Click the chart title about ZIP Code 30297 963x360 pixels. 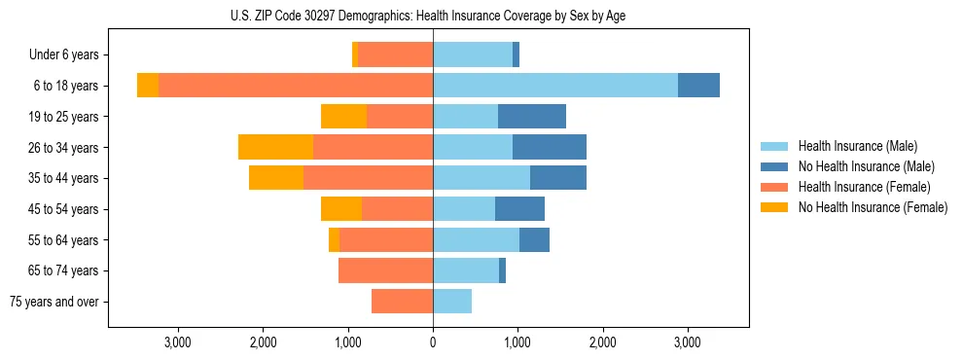433,17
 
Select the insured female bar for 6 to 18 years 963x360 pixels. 296,86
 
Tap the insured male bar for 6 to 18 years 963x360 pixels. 555,86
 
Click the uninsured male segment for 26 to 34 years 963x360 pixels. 550,147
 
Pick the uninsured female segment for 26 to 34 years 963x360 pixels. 275,147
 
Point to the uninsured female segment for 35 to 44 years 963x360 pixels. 276,178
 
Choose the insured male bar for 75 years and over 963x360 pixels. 452,302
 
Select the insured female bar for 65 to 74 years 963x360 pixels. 385,270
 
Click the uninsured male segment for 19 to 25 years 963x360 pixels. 532,117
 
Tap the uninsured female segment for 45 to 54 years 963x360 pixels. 341,209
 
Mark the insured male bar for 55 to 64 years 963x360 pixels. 476,239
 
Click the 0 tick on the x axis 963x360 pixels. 433,342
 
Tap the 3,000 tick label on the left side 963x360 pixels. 177,342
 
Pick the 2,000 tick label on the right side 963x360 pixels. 602,342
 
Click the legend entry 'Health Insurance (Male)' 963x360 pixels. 857,146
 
